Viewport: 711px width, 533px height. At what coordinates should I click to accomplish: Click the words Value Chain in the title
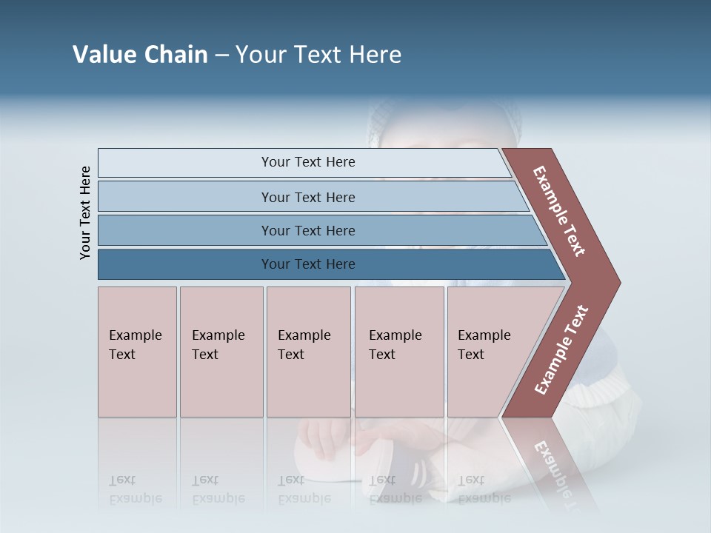[140, 55]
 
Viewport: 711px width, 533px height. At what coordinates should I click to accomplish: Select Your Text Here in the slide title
[318, 55]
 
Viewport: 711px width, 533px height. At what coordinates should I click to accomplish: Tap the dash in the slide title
[221, 56]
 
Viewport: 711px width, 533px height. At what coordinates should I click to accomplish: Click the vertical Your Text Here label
[85, 212]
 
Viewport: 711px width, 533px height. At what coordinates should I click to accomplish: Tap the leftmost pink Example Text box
[137, 352]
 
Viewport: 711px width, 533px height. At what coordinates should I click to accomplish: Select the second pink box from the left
[221, 352]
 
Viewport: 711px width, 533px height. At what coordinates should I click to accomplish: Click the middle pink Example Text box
[308, 352]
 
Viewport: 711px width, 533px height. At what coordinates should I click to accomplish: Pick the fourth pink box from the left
[398, 352]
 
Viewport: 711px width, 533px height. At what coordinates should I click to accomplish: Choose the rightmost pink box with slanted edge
[489, 352]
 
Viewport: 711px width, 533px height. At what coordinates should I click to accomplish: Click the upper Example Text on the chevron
[559, 211]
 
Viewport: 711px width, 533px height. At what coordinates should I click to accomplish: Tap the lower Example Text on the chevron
[561, 350]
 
